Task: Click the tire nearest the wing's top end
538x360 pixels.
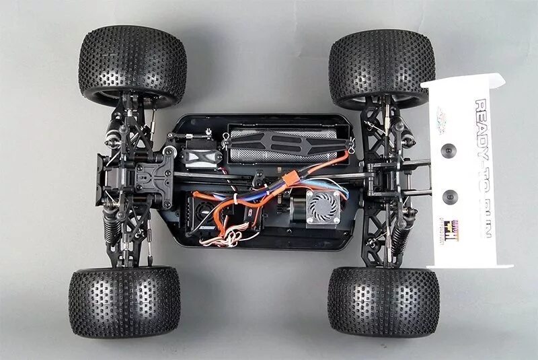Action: click(x=381, y=67)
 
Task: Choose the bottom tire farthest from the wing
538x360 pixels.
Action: click(x=123, y=301)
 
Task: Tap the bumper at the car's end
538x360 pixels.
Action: click(x=101, y=178)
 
